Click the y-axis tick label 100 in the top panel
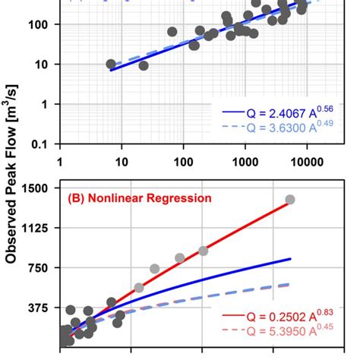coord(39,24)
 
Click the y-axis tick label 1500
coord(36,188)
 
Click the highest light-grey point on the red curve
coord(290,200)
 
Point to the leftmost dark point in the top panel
coord(111,65)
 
